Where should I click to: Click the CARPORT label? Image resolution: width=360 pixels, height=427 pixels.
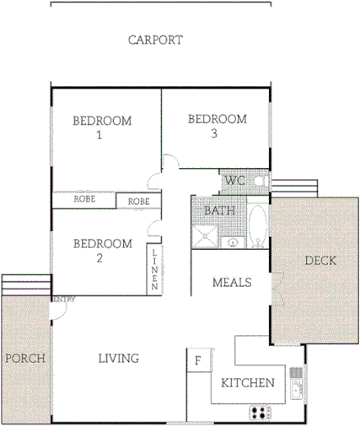155,40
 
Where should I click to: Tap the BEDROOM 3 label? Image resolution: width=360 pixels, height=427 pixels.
217,126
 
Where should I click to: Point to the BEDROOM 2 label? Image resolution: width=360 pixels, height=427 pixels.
102,251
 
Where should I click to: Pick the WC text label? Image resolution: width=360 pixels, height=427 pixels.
234,181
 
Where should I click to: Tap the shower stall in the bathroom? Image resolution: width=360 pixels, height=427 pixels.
205,236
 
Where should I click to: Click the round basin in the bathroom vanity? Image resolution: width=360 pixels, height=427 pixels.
233,244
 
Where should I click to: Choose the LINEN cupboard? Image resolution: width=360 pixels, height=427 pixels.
155,270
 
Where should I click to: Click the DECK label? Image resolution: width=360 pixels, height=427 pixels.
320,261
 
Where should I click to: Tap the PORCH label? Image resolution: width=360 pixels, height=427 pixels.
24,358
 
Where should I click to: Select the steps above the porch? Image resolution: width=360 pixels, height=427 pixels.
25,285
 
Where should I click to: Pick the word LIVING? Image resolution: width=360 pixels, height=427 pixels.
118,359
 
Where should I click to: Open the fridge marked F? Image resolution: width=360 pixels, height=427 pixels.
197,360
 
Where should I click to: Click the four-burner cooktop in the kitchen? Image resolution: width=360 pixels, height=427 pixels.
261,413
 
